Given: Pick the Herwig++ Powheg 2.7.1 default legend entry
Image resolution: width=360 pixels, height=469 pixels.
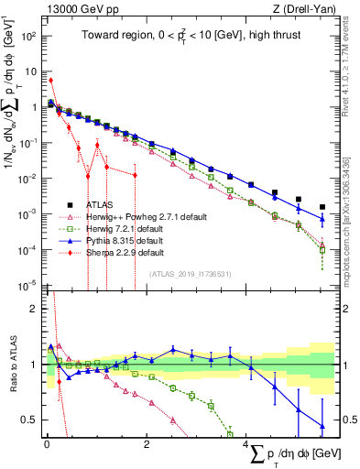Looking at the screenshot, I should tap(150, 215).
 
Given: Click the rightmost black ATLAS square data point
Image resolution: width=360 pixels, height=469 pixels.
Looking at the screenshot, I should tap(322, 207).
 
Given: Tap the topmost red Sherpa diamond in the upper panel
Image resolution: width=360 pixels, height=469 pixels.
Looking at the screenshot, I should tap(50, 81).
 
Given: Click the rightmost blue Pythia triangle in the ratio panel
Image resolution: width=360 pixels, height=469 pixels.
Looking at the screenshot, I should tap(322, 426).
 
